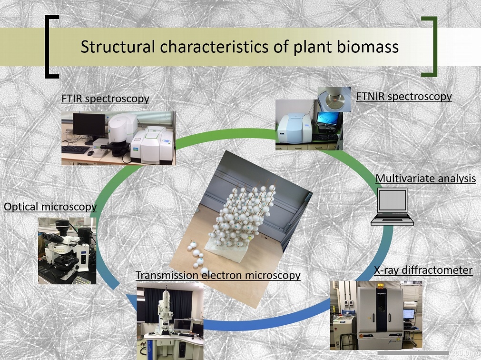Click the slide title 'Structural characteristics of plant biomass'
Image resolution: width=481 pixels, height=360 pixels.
(239, 47)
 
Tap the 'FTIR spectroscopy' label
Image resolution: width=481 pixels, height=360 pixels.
(105, 99)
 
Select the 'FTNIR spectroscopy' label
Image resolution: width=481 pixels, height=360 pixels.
(403, 96)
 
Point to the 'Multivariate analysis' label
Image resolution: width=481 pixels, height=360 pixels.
(425, 179)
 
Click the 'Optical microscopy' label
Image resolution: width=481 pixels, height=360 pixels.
(50, 207)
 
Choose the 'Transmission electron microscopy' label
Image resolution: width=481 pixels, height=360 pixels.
(218, 275)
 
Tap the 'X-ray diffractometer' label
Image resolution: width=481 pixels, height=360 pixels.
(423, 270)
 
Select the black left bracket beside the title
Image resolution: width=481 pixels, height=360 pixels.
(51, 46)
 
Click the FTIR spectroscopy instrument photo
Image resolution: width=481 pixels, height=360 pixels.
(118, 138)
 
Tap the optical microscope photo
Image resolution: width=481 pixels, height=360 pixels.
(67, 250)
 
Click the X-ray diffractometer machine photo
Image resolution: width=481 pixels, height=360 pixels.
(376, 315)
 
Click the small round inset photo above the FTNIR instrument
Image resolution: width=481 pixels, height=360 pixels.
(334, 99)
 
